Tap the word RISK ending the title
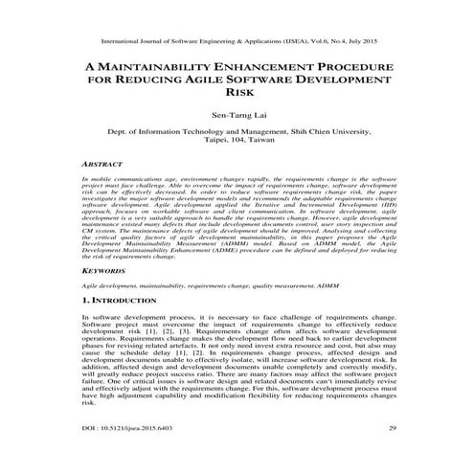pyautogui.click(x=237, y=97)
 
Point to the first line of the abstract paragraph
pyautogui.click(x=237, y=179)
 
